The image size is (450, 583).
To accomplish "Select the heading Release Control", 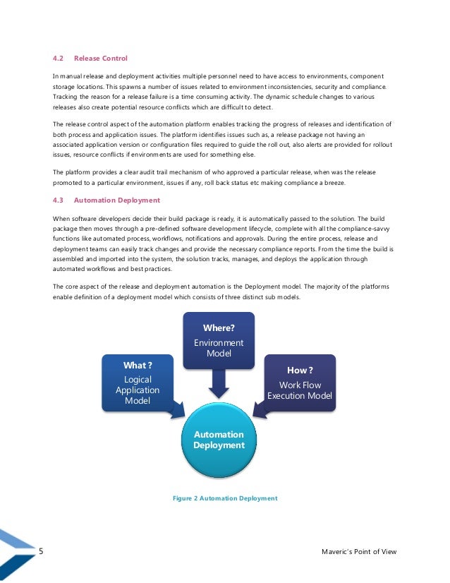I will (101, 59).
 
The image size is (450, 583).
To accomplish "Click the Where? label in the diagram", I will (219, 327).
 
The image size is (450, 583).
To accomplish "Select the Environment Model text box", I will (219, 348).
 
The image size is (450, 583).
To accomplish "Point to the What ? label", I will (138, 365).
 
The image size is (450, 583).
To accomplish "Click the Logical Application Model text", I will (138, 390).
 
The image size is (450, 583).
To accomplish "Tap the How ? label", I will (300, 370).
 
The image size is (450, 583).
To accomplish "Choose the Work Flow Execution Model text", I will (300, 390).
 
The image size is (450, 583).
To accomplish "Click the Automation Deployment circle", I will (219, 440).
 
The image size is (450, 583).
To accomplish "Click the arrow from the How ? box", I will (260, 409).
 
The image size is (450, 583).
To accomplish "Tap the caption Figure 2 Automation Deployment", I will (225, 498).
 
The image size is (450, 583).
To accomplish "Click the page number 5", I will (41, 551).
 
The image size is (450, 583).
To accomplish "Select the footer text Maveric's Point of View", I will (358, 552).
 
